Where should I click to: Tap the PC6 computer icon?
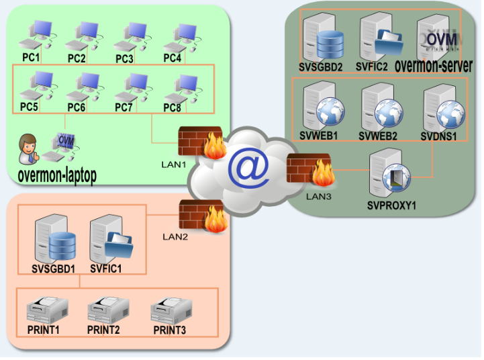83,87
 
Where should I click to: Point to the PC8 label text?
173,107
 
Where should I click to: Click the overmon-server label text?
434,66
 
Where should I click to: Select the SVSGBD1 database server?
54,239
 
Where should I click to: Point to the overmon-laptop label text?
57,175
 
